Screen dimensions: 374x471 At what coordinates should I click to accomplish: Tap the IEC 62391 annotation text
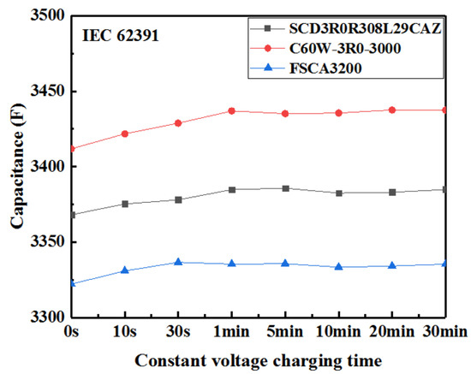coord(117,37)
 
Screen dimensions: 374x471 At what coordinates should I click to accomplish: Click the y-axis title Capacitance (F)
coord(16,167)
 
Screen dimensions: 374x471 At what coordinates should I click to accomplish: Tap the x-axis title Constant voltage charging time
coord(258,359)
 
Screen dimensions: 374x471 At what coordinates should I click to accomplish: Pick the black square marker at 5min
coord(285,188)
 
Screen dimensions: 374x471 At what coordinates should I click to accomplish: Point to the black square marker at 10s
coord(125,204)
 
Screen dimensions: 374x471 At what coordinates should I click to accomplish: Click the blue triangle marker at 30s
coord(178,262)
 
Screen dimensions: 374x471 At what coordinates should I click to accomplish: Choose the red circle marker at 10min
coord(339,113)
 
